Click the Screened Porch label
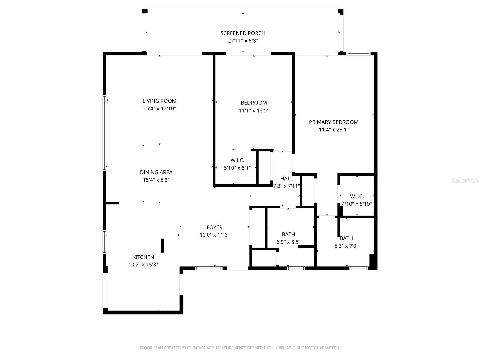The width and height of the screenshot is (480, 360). [x=243, y=33]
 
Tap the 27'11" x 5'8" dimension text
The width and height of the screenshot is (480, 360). [x=243, y=41]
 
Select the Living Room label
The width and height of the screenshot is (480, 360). [x=159, y=101]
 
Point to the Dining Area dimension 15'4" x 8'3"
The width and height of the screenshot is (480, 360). [x=156, y=180]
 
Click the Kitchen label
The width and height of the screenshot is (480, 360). [x=143, y=257]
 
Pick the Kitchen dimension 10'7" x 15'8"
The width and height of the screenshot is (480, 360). [x=143, y=265]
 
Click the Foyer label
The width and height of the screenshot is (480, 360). [x=214, y=227]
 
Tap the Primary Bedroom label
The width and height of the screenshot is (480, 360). [x=334, y=122]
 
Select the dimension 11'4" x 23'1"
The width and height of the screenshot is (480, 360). [x=334, y=130]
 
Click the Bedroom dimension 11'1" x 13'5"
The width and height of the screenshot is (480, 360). [x=254, y=110]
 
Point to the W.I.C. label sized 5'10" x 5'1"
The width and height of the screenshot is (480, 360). [x=237, y=160]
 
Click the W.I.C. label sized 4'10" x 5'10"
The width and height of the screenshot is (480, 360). [x=357, y=196]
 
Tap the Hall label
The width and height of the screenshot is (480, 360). [x=286, y=178]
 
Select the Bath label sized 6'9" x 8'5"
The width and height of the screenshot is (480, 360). [x=288, y=234]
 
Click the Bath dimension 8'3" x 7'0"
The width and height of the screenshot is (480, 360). [x=346, y=246]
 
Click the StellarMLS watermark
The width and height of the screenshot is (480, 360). [x=465, y=180]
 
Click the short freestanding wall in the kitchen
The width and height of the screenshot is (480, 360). [x=163, y=245]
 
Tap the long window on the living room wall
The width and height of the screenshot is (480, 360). [x=104, y=133]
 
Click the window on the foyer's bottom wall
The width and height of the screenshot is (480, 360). [x=209, y=268]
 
